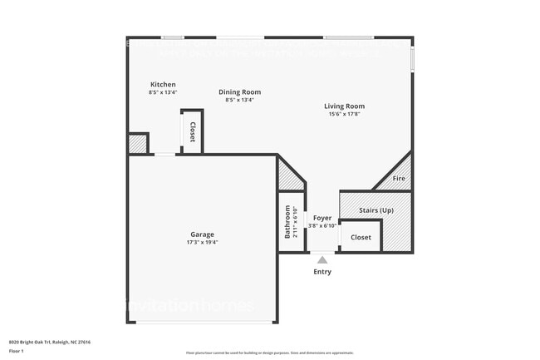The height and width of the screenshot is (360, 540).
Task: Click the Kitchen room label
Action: pos(163,85)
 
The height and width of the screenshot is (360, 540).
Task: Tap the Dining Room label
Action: pos(239,92)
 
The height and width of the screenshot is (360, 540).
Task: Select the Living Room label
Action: pos(344,106)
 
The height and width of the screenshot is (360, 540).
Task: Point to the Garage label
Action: pos(203,234)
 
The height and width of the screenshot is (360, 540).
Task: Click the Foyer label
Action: pos(322,218)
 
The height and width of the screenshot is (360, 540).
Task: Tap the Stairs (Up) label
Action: pos(376,210)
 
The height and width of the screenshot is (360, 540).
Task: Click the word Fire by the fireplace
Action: pos(399,179)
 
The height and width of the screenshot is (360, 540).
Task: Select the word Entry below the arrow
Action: pos(322,272)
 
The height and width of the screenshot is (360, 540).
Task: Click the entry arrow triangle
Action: pos(322,259)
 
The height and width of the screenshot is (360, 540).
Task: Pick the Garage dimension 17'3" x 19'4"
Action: pos(203,243)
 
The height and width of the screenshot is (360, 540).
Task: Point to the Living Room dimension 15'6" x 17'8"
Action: pos(344,114)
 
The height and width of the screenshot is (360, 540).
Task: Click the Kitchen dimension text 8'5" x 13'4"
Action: pos(163,92)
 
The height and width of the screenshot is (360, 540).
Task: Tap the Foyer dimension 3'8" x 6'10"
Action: pos(322,225)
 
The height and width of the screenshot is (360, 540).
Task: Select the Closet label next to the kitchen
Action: pos(192,132)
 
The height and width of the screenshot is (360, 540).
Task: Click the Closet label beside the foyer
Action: pos(361,238)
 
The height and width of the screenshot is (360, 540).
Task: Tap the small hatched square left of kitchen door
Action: pos(137,144)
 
